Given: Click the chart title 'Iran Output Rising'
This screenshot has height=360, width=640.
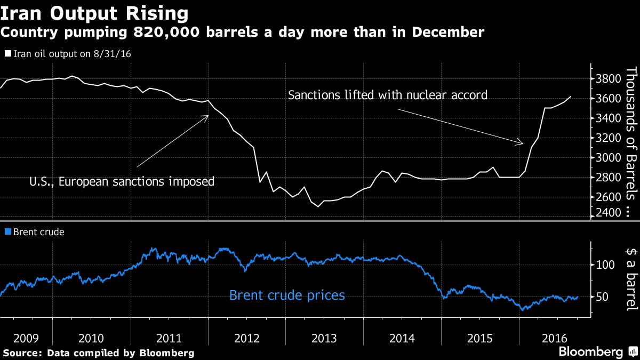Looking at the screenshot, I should point(94,12).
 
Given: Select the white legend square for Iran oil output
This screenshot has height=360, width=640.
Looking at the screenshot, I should point(7,54).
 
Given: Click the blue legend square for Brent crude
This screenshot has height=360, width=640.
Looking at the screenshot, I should point(7,232).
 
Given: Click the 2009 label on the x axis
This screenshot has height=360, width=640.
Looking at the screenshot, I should point(26,338).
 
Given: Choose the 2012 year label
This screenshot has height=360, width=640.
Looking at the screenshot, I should point(246,338).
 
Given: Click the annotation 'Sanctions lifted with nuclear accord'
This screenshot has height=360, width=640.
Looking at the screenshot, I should point(388,95).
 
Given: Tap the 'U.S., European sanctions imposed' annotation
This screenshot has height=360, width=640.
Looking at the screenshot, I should point(122,181).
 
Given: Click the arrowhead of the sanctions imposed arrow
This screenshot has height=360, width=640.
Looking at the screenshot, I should point(207,116).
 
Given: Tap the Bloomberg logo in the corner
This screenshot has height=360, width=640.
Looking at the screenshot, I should point(591,352).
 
